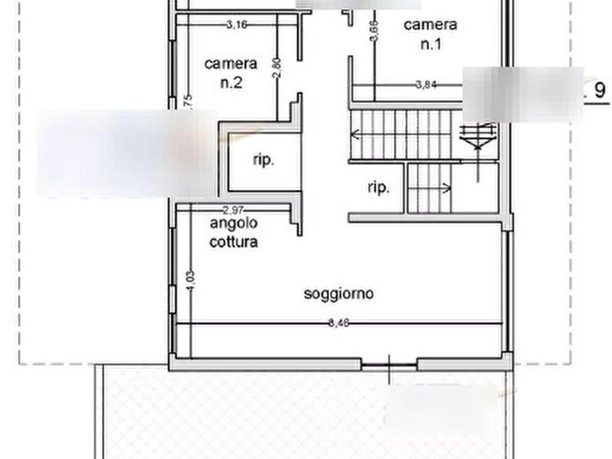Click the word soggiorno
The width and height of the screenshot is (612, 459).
[339, 294]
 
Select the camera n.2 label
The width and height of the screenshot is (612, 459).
[230, 73]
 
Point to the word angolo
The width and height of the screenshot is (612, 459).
[233, 223]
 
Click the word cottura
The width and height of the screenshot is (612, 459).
[234, 242]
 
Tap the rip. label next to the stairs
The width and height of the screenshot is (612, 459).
[378, 187]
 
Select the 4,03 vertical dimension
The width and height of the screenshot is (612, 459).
[190, 282]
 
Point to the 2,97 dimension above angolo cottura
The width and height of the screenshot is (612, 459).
[234, 210]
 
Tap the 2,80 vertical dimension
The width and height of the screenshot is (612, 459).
[277, 69]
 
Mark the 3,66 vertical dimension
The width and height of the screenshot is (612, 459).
[374, 30]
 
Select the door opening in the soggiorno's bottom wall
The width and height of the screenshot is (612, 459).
[389, 364]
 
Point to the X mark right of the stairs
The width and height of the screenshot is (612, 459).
[477, 138]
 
